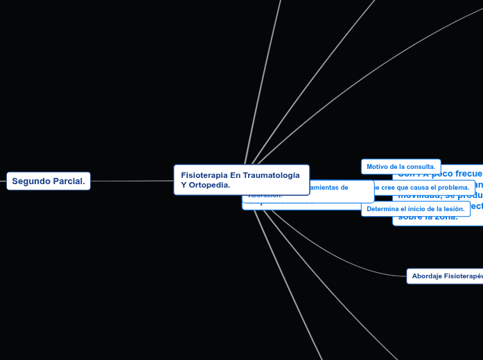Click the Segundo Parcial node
pyautogui.click(x=49, y=181)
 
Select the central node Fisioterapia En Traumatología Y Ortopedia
pyautogui.click(x=241, y=180)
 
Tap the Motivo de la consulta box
pyautogui.click(x=401, y=167)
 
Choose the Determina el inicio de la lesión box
pyautogui.click(x=415, y=209)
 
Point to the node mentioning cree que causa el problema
pyautogui.click(x=423, y=188)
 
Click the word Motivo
pyautogui.click(x=378, y=167)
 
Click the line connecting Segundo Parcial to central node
pyautogui.click(x=132, y=181)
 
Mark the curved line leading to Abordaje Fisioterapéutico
pyautogui.click(x=346, y=264)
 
